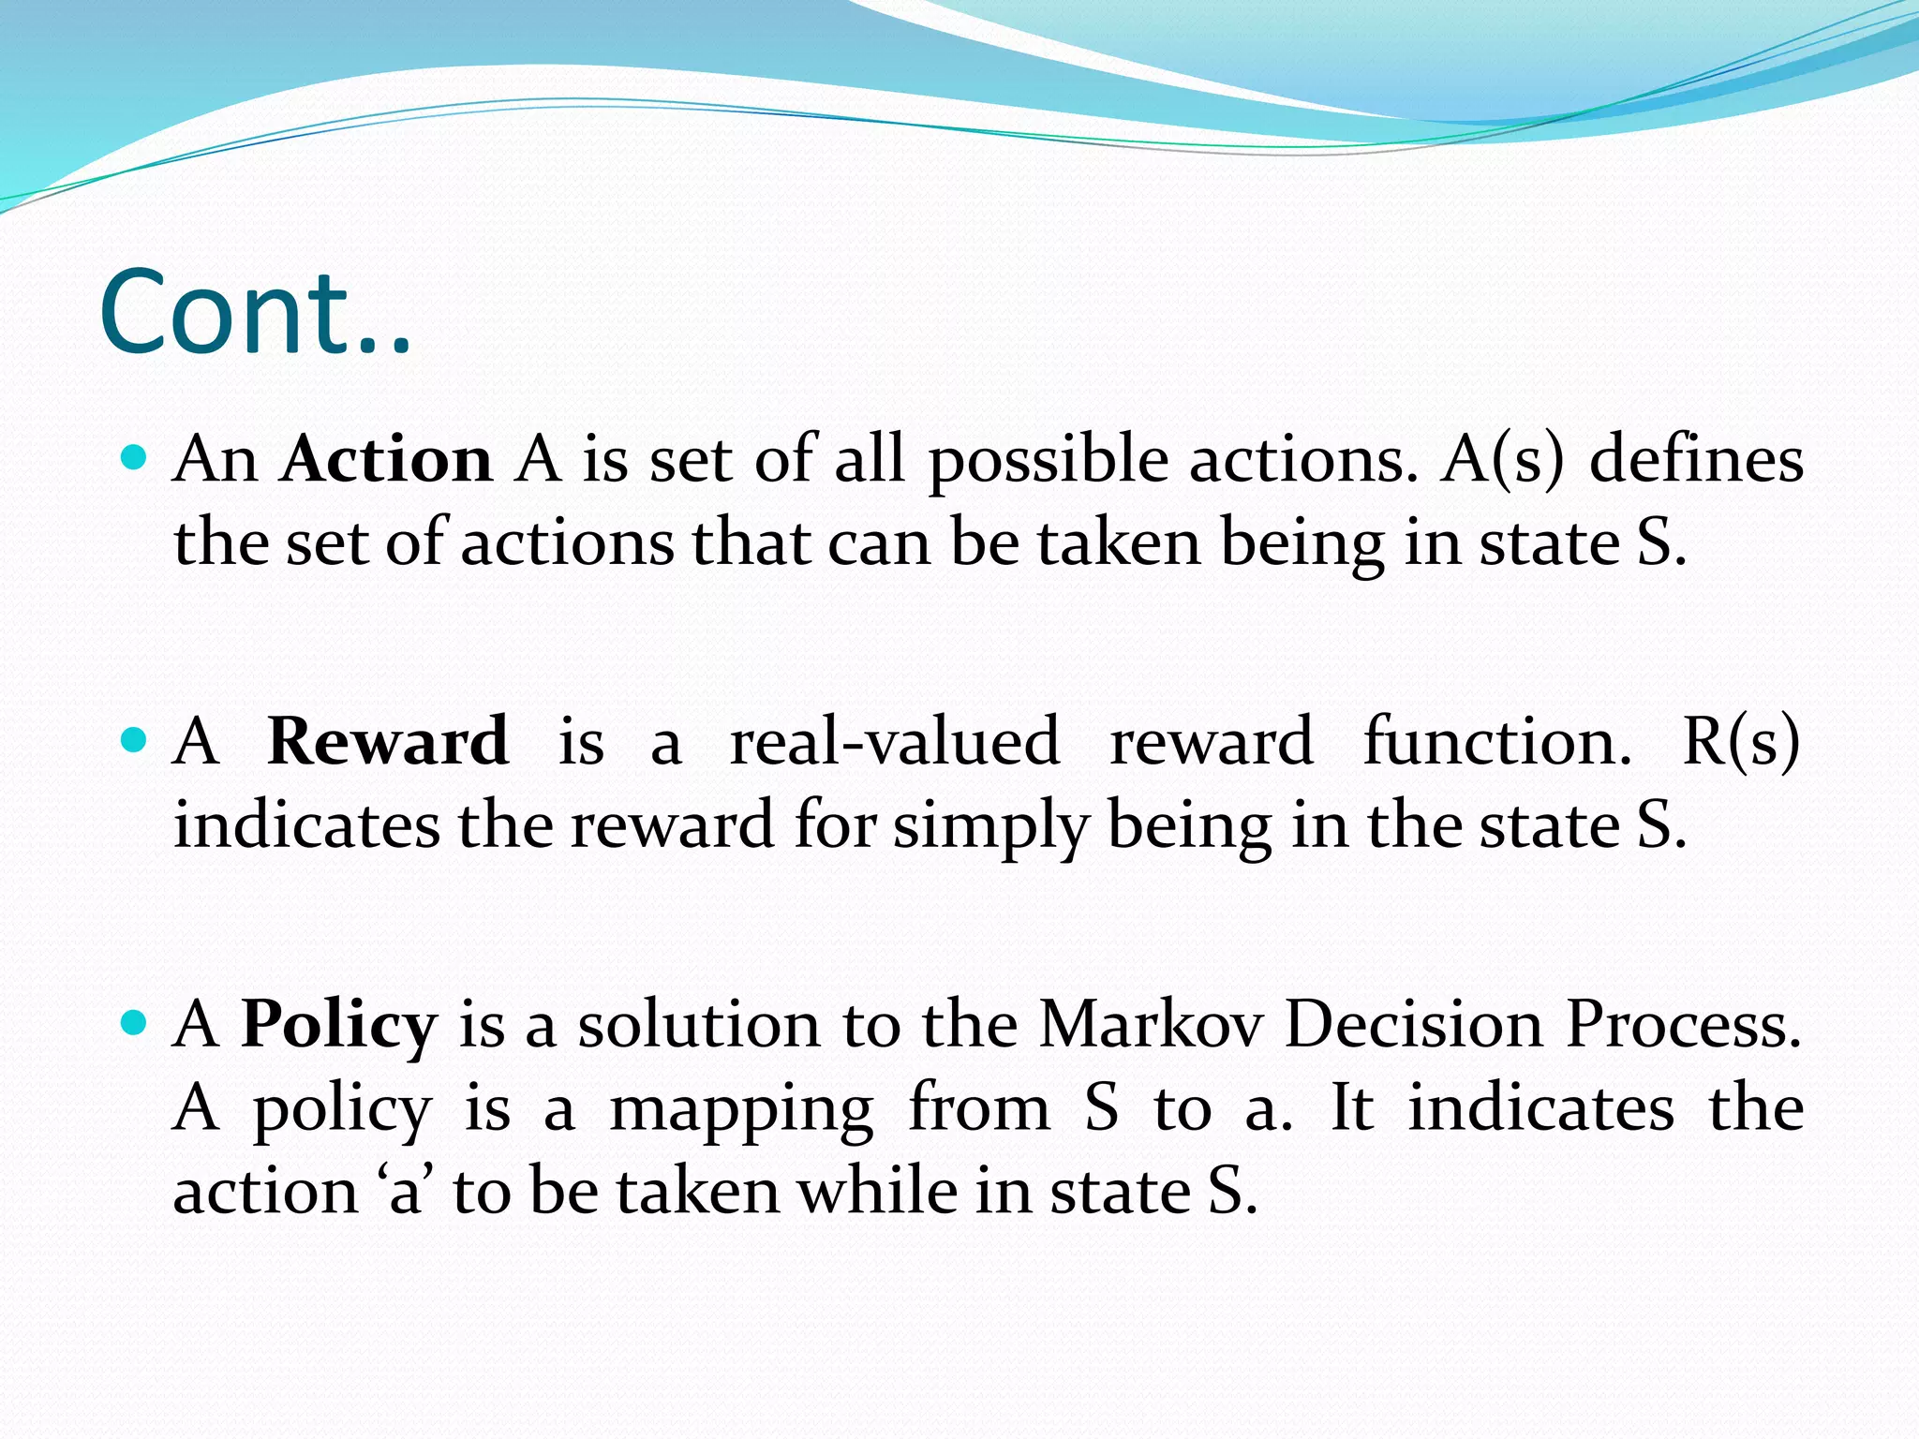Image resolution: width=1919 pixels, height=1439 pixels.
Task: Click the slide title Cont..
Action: [255, 313]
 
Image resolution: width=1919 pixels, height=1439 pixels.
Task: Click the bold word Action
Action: [386, 460]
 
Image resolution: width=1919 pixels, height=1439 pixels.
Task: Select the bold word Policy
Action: [339, 1025]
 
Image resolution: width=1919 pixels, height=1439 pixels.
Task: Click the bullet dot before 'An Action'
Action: [135, 458]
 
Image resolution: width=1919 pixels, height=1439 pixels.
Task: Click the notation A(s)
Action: [1502, 460]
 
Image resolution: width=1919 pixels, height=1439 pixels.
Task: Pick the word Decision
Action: [1413, 1024]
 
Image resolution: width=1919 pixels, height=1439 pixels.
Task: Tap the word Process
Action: [1684, 1024]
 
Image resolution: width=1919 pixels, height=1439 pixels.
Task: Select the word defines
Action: [1696, 460]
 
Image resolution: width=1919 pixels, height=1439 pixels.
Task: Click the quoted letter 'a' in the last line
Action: [405, 1193]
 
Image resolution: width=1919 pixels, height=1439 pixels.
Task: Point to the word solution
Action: [699, 1024]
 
